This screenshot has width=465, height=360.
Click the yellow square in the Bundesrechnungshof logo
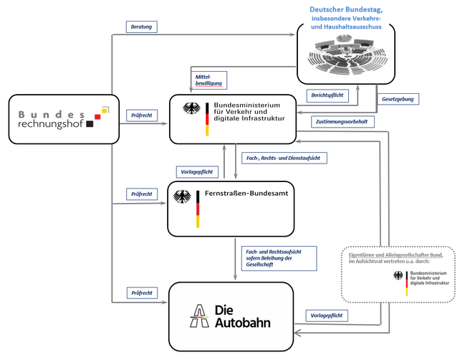pos(105,110)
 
